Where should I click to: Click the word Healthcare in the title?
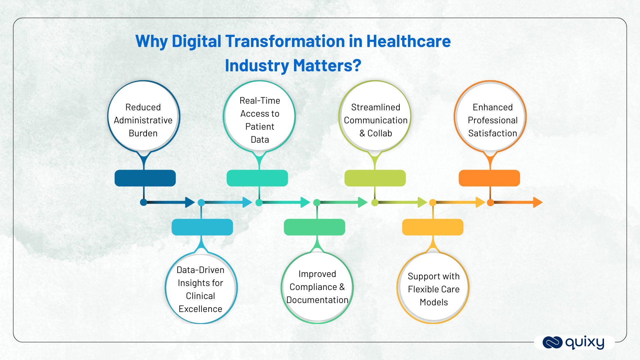coord(408,42)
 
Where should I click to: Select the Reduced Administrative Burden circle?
coord(143,117)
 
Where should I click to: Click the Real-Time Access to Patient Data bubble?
coord(259,117)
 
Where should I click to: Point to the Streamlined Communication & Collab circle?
coord(375,117)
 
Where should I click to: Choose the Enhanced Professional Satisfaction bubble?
coord(490,117)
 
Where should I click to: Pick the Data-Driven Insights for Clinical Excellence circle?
coord(201,289)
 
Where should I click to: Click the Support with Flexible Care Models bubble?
coord(433,289)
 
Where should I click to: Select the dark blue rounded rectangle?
coord(145,178)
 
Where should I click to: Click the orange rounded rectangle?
coord(489,178)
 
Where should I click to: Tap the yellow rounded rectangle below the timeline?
coord(433,227)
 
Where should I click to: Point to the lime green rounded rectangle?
coord(375,178)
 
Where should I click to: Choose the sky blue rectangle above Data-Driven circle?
coord(202,227)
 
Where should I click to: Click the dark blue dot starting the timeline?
coord(143,202)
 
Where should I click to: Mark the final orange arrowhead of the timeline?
coord(537,202)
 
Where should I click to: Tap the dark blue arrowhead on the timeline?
coord(189,202)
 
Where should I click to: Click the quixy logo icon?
coord(552,342)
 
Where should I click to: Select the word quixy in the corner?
coord(585,342)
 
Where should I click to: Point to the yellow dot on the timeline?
coord(433,202)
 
